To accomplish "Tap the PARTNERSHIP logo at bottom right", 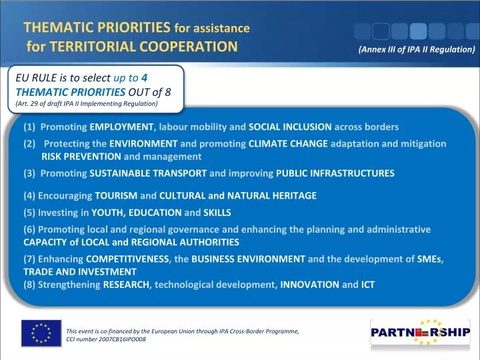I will (420, 333).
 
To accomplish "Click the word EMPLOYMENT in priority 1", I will (122, 127).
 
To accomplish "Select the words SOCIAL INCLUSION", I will (290, 127).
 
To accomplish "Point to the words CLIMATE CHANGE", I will (288, 143).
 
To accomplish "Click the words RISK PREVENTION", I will (81, 157).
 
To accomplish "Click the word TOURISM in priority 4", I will (116, 196).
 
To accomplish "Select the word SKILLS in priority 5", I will (217, 213).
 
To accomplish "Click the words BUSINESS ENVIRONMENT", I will (248, 259).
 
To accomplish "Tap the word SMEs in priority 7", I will (432, 259).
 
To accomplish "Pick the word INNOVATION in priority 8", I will (309, 285).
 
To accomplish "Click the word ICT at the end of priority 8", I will (367, 285).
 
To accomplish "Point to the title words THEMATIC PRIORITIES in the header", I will (97, 27).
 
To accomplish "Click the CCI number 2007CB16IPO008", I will (106, 339).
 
